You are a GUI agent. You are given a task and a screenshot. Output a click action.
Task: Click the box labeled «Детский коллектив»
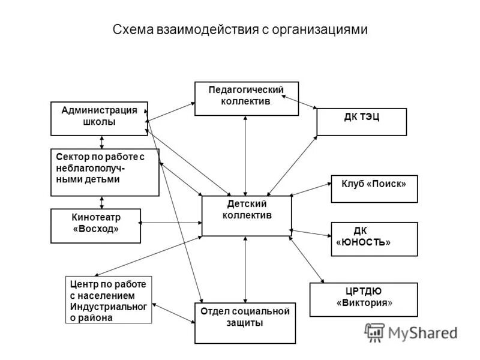point(247,215)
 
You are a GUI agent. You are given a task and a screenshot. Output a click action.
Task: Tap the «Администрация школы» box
point(99,118)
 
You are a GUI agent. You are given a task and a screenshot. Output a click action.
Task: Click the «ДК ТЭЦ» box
point(361,122)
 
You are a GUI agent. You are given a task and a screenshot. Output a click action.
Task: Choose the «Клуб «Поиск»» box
point(374,188)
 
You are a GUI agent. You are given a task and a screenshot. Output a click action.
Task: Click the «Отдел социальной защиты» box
point(245,323)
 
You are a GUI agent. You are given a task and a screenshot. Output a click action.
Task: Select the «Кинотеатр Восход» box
point(95,226)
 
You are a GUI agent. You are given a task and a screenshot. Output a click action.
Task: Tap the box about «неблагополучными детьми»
point(104,172)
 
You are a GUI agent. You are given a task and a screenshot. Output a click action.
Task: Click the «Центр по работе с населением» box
point(108,300)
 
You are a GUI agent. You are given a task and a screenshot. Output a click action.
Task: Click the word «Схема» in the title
point(133,29)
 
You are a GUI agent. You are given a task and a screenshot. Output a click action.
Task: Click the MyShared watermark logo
point(411,332)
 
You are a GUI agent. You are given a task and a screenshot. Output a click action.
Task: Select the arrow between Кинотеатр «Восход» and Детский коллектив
point(171,223)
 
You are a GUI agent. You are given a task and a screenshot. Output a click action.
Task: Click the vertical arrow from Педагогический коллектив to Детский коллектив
point(245,156)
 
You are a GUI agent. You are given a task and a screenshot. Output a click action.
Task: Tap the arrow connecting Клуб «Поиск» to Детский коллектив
point(311,190)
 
